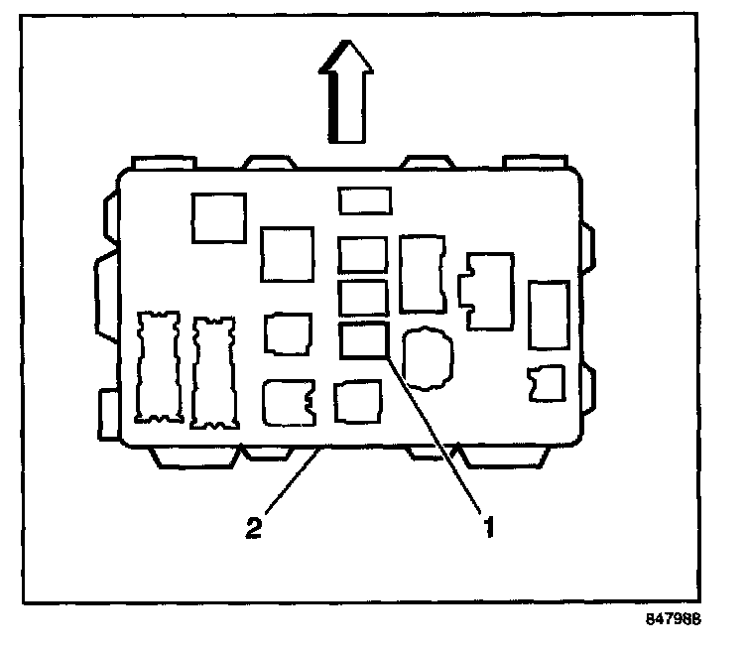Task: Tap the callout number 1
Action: point(487,527)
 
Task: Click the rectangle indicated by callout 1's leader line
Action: point(362,340)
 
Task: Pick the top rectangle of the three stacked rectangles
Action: point(362,255)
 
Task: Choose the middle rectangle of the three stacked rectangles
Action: point(362,297)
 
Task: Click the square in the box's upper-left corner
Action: point(218,217)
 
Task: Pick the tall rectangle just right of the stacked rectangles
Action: point(422,273)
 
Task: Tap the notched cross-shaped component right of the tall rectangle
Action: point(488,290)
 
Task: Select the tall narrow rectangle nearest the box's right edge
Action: point(547,315)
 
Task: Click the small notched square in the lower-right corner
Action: point(547,383)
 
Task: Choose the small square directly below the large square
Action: point(288,333)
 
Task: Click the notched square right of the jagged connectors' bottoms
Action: point(288,403)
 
